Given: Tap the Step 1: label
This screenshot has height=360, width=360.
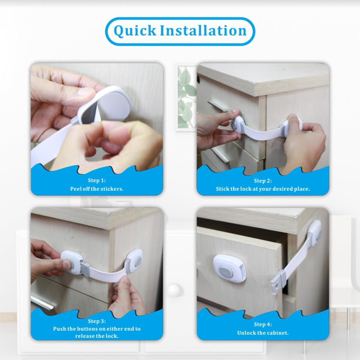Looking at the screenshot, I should pos(97,181).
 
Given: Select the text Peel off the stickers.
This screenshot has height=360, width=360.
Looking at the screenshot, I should pos(97,189).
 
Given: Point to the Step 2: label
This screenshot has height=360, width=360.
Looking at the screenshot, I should pos(263,181).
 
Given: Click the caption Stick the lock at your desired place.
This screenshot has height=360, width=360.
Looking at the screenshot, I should pos(263,189).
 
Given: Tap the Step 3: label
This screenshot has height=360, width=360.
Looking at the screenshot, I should pos(97,321).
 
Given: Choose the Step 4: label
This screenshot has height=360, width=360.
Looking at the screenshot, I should pos(263,324).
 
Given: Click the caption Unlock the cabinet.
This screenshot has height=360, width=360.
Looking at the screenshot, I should pos(263,333).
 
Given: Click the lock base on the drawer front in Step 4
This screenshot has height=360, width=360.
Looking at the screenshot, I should pos(229,268).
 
